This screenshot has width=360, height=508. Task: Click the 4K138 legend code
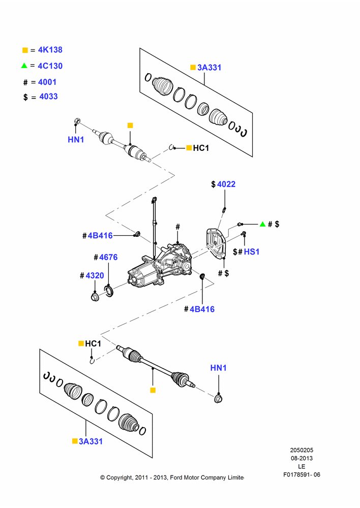pos(50,50)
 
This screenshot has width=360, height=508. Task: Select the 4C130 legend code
pos(50,66)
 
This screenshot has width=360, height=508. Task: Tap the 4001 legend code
pos(47,82)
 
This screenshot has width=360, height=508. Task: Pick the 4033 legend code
pos(49,97)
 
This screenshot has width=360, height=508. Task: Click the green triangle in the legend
pos(24,66)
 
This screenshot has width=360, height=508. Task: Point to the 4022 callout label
pos(226,184)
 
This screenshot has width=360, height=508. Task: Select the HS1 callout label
pos(252,252)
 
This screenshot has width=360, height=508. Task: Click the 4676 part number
pos(108,257)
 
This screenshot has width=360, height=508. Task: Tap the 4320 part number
pos(95,275)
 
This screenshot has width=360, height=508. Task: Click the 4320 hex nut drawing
pos(95,297)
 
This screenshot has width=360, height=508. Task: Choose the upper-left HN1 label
pos(76,140)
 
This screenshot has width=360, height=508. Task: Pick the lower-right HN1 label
pos(219,368)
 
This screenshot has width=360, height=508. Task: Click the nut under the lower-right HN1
pos(218,398)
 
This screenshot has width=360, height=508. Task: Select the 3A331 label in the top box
pos(209,68)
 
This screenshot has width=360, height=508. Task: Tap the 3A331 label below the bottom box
pos(91,441)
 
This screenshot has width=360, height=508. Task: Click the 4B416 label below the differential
pos(202,309)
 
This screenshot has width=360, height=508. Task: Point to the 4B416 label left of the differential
pos(100,236)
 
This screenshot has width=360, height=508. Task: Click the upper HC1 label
pos(201,148)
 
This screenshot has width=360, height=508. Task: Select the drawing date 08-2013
pos(302,458)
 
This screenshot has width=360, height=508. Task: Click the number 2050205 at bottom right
pos(302,450)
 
